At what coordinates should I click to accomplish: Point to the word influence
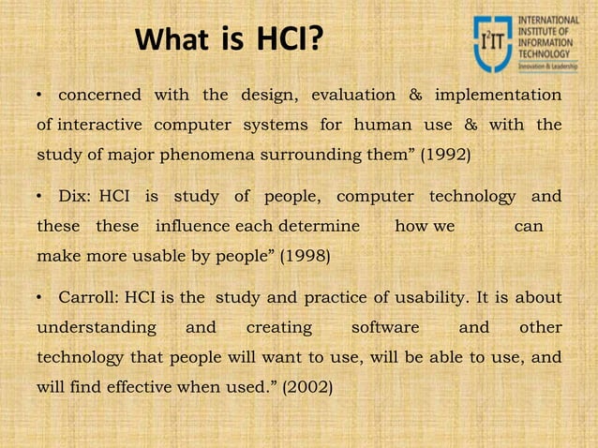pos(194,226)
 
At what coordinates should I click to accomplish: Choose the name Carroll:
pos(90,298)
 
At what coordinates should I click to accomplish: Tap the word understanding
pos(96,327)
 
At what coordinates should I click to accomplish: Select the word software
pos(384,327)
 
